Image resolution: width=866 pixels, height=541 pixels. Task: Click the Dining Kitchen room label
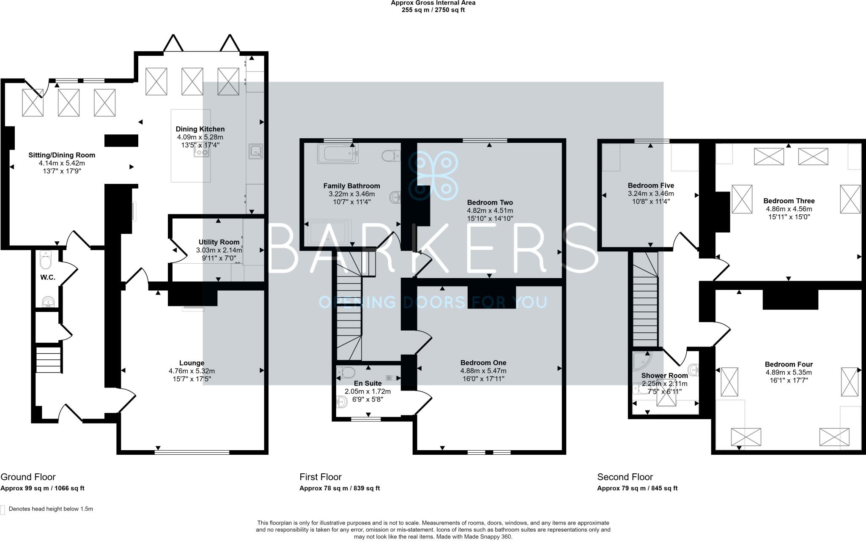(200, 129)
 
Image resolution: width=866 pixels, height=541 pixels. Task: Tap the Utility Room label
(219, 242)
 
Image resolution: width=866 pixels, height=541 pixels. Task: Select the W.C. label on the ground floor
(48, 277)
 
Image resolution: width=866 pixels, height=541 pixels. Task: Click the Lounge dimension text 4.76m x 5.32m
(192, 371)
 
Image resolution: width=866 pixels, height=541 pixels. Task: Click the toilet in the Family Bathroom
(391, 156)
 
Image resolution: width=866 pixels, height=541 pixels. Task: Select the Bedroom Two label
(490, 202)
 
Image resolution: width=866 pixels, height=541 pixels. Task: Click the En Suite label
(367, 383)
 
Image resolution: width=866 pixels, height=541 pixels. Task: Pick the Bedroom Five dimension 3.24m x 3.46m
(651, 194)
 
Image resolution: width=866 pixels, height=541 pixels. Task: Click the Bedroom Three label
(789, 201)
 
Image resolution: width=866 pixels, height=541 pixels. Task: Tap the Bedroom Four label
(789, 364)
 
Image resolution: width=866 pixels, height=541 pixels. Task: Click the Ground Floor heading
(28, 477)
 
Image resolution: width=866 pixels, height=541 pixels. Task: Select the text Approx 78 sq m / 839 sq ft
(340, 488)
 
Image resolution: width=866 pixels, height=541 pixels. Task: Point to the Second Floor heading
(625, 477)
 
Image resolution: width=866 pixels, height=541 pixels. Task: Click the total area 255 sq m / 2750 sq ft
(433, 10)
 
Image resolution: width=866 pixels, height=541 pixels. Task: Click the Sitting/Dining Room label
(62, 155)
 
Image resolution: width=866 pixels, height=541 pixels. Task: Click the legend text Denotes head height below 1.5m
(51, 509)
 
